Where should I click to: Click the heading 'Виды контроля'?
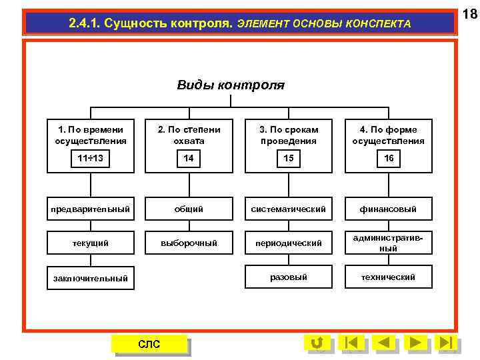coord(231,85)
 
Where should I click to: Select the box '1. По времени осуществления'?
coord(90,135)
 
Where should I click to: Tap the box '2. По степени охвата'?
coord(189,135)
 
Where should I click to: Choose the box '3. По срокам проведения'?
coord(289,135)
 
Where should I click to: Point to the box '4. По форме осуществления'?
coord(388,135)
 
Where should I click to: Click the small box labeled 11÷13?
coord(90,159)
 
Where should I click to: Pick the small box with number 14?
coord(189,159)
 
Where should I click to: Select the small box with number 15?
coord(289,159)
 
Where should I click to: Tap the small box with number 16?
coord(388,159)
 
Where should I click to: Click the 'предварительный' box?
coord(90,209)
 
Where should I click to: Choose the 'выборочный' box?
coord(189,243)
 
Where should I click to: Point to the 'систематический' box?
coord(289,209)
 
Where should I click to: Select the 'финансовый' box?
coord(388,209)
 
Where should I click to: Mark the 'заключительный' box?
coord(90,278)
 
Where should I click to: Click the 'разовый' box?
coord(289,277)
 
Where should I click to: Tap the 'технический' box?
coord(388,277)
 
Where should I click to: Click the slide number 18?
coord(469,13)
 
